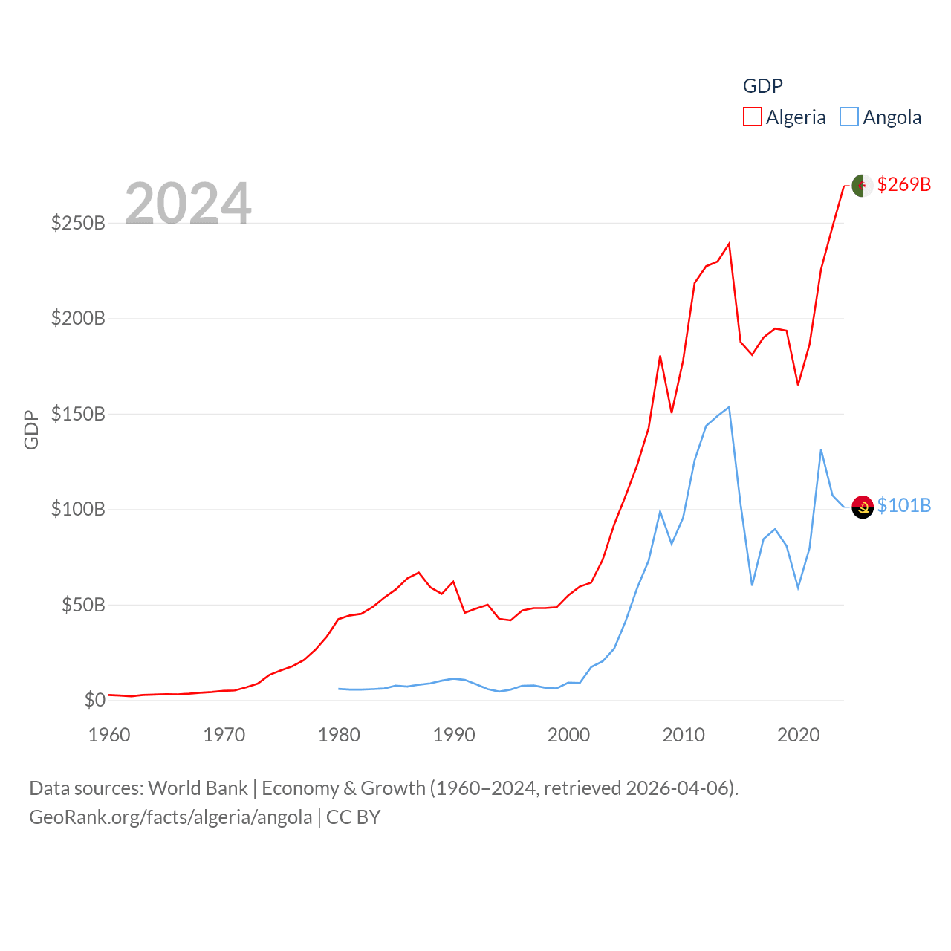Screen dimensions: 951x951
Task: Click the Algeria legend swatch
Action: point(752,117)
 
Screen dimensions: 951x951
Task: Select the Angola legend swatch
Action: point(849,117)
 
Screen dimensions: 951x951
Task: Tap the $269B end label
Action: point(903,184)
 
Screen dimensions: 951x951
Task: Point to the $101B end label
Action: point(903,505)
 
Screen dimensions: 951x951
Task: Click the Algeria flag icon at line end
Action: point(862,185)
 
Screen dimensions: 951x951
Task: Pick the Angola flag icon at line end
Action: point(862,507)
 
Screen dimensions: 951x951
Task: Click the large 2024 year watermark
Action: point(188,204)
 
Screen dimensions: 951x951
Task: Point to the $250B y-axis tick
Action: point(78,223)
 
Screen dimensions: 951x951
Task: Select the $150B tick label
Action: point(78,414)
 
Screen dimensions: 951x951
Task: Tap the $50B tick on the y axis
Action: point(83,605)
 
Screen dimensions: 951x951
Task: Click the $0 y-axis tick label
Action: point(94,700)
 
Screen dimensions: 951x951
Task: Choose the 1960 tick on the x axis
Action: point(109,735)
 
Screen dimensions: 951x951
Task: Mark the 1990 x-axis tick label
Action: point(454,735)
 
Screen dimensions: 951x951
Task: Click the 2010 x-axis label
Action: point(684,735)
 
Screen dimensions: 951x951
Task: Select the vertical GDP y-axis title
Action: point(31,429)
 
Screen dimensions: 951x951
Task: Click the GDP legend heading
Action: point(762,86)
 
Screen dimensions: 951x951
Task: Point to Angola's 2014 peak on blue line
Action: point(729,407)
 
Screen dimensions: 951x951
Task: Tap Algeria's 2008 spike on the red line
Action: point(660,357)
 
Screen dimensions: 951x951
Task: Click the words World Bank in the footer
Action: point(198,788)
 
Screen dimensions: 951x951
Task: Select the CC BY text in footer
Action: point(353,817)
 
